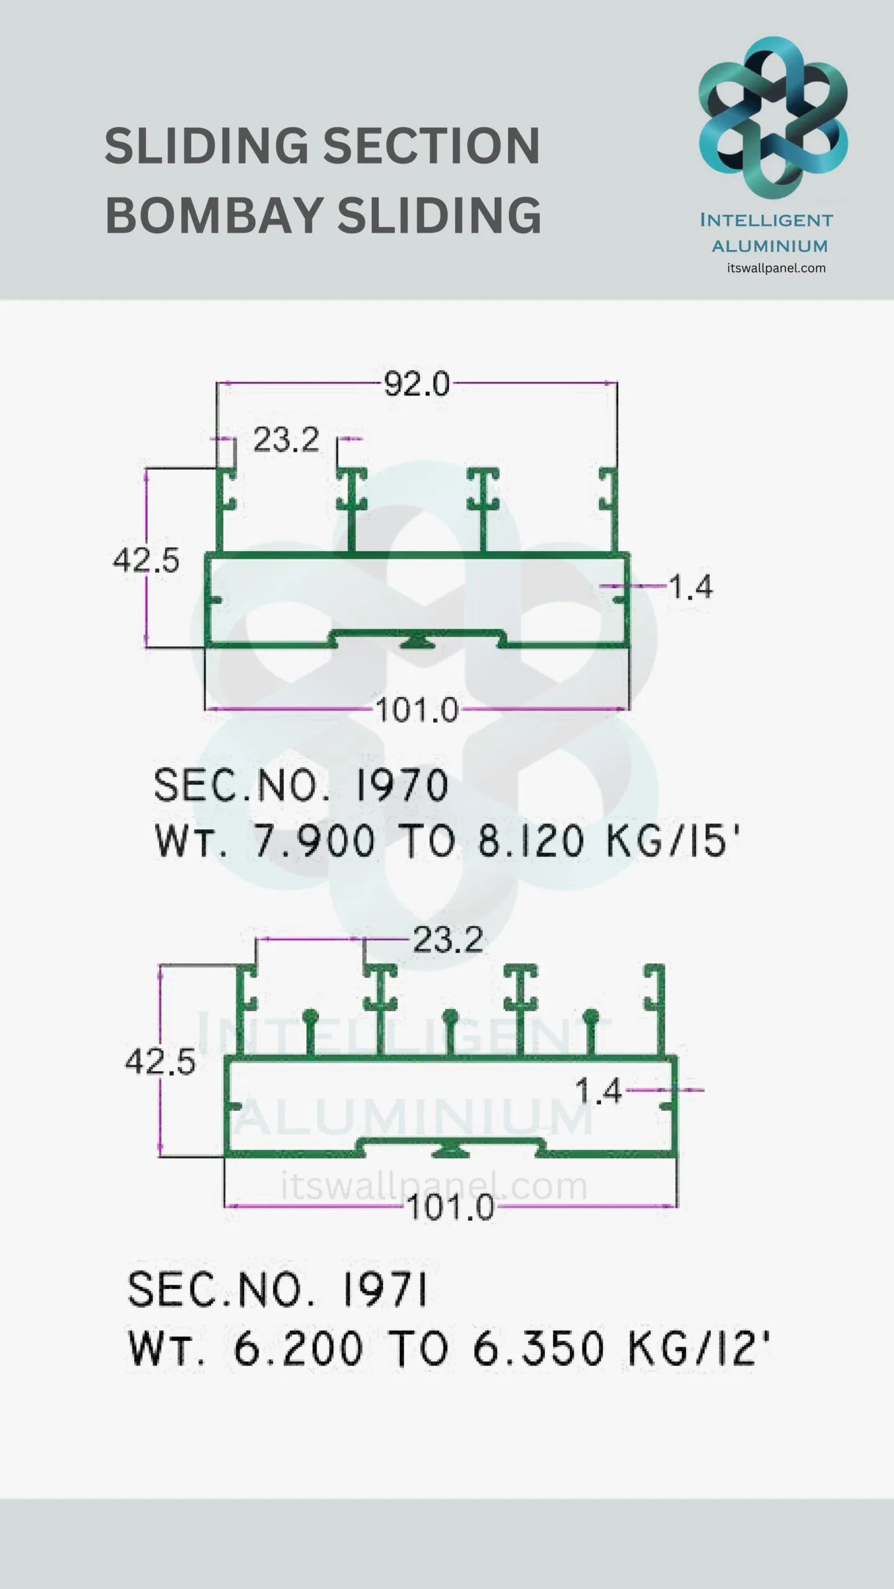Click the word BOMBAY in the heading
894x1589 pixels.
coord(212,214)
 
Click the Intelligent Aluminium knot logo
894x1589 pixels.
coord(773,118)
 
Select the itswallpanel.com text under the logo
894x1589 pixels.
coord(776,268)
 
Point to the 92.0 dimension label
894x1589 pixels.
coord(417,384)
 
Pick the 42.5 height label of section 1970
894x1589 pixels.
coord(146,560)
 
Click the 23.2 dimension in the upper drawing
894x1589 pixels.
coord(286,440)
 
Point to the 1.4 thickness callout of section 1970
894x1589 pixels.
coord(691,587)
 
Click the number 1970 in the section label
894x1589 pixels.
coord(401,785)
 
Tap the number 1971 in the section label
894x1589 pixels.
coord(385,1289)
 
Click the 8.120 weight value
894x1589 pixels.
coord(531,841)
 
